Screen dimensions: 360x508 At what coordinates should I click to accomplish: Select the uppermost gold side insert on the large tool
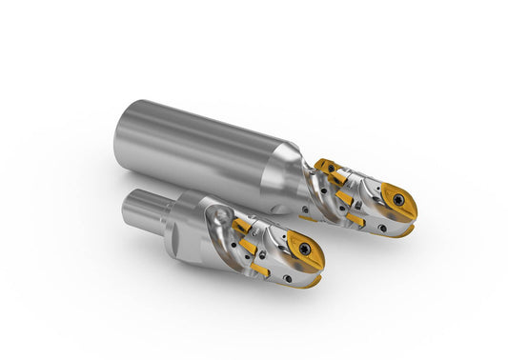pos(330,168)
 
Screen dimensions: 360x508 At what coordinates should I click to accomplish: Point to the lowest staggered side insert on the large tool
pos(356,219)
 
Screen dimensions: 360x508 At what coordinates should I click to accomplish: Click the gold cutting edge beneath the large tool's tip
pos(404,230)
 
